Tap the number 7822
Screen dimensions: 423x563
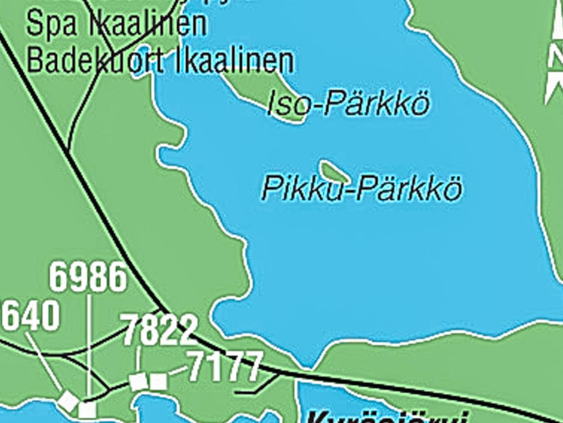click(159, 330)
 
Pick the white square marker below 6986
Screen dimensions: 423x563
click(87, 409)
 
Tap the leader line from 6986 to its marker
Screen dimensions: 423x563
click(89, 347)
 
